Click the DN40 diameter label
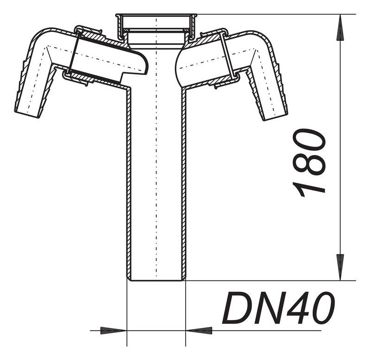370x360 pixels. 278,308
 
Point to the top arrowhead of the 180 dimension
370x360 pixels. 340,23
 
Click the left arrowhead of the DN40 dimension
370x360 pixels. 116,330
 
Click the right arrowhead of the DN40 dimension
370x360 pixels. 197,330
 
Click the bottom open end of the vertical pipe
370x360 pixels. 156,279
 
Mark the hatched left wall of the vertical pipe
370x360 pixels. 129,185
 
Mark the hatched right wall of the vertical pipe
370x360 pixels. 183,185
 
